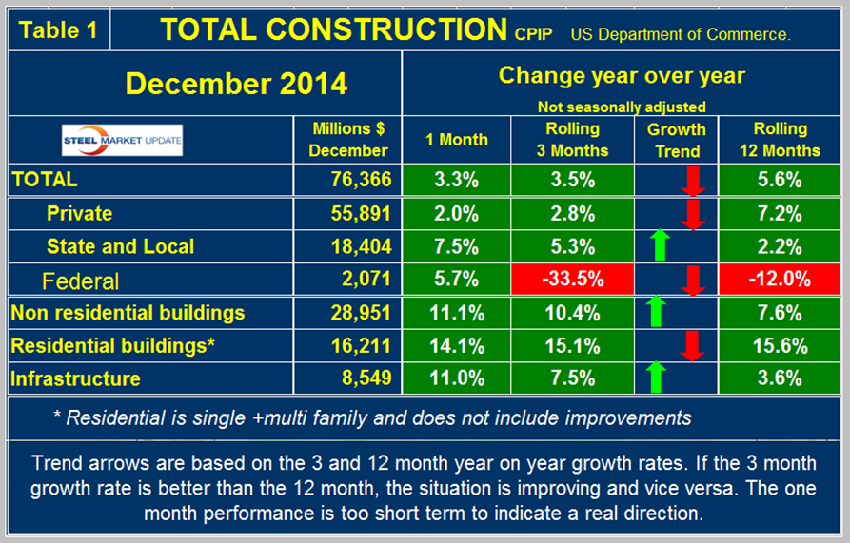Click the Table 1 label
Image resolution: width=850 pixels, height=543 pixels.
(x=58, y=29)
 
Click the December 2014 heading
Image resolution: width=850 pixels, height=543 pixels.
(x=236, y=84)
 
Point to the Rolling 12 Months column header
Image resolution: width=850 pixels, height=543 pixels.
(x=780, y=139)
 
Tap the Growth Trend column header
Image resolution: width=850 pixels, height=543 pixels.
(x=676, y=139)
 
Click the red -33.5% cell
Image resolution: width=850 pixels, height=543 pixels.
(x=572, y=281)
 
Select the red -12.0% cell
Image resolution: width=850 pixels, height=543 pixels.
(x=780, y=281)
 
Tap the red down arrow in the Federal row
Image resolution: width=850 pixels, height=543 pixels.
(x=693, y=281)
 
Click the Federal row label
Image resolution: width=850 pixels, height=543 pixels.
(x=81, y=281)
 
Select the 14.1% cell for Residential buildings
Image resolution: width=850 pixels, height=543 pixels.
(x=457, y=346)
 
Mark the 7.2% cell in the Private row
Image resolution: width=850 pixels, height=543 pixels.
(x=780, y=214)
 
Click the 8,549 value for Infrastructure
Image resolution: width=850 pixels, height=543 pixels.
(x=363, y=378)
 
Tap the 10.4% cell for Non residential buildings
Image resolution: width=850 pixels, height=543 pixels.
(x=572, y=313)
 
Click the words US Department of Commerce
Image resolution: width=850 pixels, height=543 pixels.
(x=682, y=34)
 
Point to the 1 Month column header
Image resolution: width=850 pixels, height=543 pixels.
(x=457, y=139)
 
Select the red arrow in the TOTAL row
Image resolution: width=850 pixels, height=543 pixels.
(x=693, y=180)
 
